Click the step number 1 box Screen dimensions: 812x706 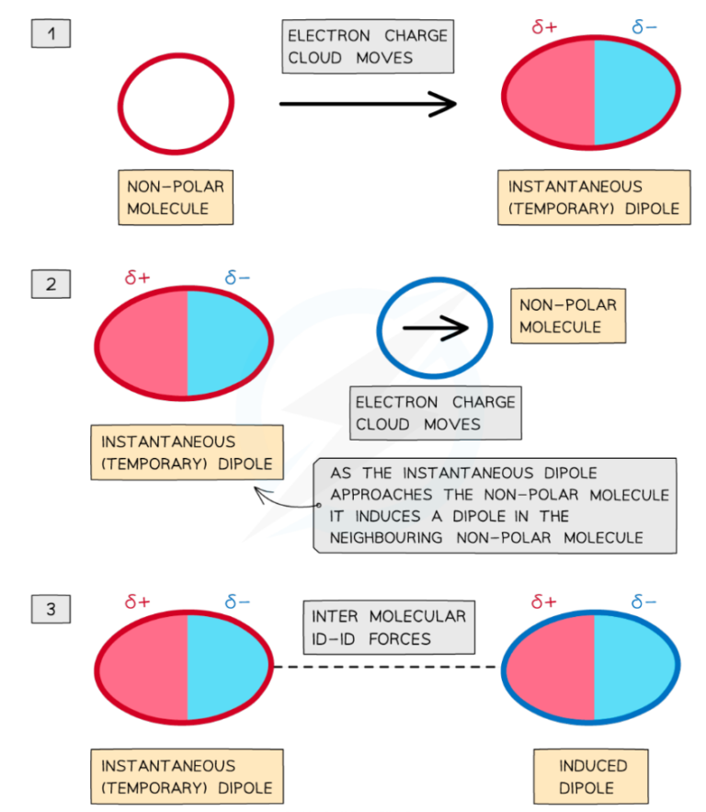click(51, 35)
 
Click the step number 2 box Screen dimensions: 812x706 click(51, 284)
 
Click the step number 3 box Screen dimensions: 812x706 click(51, 609)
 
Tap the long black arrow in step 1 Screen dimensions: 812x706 click(368, 104)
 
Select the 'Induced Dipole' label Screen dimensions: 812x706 click(593, 776)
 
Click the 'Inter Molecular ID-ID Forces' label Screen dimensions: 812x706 click(389, 627)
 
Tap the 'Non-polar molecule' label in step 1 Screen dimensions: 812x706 click(175, 197)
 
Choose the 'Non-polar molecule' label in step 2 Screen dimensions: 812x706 click(567, 315)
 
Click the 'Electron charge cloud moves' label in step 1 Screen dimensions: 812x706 click(368, 47)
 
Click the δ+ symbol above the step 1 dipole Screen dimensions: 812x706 click(544, 27)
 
